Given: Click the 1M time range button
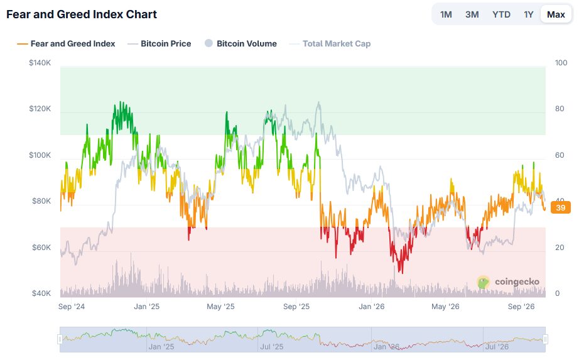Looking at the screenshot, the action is point(446,14).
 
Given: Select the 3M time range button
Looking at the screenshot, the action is point(472,14).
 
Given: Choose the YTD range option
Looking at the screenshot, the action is point(501,14).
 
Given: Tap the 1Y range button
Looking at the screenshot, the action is point(528,14).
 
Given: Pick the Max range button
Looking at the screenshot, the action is point(556,14).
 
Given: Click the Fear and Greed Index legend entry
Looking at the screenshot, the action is point(66,43).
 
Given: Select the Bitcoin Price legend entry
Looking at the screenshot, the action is point(159,43).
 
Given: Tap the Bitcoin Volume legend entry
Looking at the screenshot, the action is point(241,43).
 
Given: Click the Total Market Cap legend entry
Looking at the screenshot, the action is point(330,43).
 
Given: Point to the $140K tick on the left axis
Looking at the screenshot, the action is point(40,63).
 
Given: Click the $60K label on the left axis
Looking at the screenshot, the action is point(41,248).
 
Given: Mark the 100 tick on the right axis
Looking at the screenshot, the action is point(561,63).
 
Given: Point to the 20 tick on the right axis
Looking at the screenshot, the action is point(560,248).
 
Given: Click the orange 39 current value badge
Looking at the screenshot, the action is point(561,207).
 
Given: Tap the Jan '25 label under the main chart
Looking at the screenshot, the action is point(146,307).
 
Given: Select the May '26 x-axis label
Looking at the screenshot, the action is point(445,307).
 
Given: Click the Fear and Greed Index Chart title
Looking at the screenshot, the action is point(82,14).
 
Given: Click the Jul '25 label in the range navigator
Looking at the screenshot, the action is point(271,347).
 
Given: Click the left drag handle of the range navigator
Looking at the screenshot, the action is point(60,339).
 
